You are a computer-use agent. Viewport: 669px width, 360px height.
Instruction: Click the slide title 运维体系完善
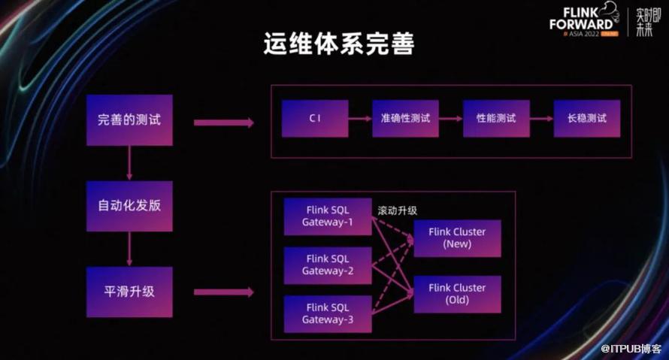[338, 44]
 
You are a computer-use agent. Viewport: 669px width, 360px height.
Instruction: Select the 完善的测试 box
[129, 119]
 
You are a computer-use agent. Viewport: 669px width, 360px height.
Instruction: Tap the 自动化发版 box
[129, 206]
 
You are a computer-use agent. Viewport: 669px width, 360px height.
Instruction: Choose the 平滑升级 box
[129, 292]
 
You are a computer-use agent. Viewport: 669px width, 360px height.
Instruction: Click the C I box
[315, 119]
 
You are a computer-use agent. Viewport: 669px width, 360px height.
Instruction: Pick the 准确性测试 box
[405, 119]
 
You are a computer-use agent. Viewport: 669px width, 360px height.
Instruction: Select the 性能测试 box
[496, 119]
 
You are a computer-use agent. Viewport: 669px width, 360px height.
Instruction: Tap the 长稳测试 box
[587, 119]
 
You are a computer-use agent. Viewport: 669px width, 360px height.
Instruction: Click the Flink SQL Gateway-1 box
[328, 217]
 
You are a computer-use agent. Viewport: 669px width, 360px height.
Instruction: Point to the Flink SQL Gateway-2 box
[328, 265]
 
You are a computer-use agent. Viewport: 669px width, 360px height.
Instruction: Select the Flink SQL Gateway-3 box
[328, 314]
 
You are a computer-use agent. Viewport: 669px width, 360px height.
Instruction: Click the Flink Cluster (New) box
[457, 238]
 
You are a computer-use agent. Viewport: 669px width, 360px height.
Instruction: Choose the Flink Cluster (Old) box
[457, 294]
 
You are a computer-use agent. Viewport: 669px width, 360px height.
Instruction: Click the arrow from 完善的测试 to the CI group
[223, 122]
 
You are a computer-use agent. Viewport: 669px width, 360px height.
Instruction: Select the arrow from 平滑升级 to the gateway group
[223, 292]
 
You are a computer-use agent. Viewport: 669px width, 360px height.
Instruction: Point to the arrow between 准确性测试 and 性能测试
[451, 119]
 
